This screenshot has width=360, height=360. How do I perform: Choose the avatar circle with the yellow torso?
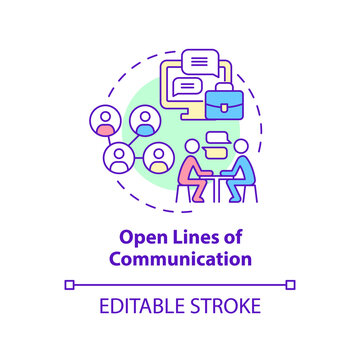[159, 157]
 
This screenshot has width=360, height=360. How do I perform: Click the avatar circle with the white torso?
[119, 156]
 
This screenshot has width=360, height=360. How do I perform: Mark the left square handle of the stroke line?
[69, 285]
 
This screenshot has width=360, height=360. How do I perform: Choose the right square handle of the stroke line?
[291, 285]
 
